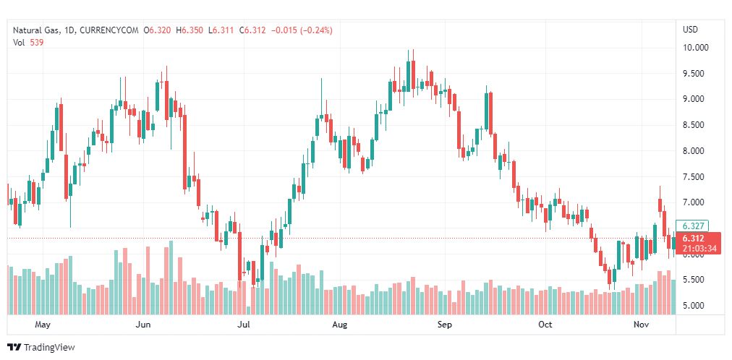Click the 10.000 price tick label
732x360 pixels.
(695, 48)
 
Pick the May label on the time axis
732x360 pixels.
(43, 325)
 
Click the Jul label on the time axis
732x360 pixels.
(244, 325)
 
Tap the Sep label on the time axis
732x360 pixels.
(445, 325)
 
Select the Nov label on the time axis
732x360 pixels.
(642, 325)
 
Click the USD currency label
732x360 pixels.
(690, 30)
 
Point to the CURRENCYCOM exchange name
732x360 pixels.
(109, 30)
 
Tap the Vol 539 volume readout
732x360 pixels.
(29, 42)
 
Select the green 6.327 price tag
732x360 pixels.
(690, 226)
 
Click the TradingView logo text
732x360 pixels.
(49, 348)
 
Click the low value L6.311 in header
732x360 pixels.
(221, 30)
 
